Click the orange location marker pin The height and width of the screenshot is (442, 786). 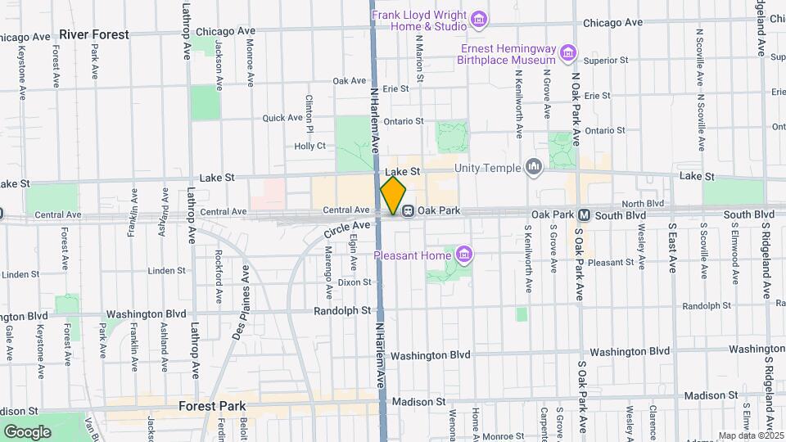[393, 196]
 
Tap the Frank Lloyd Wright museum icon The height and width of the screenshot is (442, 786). [480, 17]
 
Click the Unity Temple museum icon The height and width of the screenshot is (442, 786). [535, 168]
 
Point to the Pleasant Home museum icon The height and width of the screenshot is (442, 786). [464, 255]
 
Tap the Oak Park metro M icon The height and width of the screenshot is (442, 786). [585, 214]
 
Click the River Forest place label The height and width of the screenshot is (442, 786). [94, 34]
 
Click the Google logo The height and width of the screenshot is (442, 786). [27, 431]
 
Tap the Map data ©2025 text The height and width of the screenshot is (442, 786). [750, 435]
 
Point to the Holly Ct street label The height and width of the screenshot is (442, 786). [309, 146]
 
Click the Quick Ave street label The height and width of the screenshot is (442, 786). [282, 118]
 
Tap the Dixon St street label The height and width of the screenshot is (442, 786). [355, 282]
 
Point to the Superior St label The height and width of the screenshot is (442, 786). [605, 60]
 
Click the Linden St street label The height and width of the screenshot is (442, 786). [167, 270]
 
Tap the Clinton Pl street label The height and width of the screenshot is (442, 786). [309, 113]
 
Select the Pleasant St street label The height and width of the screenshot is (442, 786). [607, 263]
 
